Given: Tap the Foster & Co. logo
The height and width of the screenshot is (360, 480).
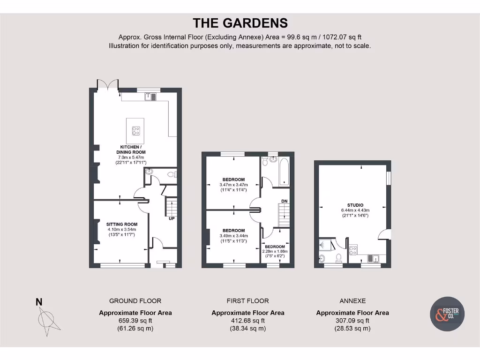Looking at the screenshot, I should tap(447, 314).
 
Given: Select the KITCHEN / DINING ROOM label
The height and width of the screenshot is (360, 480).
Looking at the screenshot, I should tap(131, 149).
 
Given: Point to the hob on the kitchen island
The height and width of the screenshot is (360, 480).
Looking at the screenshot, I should tap(136, 131).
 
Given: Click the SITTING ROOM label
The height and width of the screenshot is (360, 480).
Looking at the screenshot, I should tap(121, 224).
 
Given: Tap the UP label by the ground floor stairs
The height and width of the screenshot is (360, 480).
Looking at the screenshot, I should tap(172, 218).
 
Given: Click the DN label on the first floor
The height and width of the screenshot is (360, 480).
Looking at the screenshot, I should tap(284, 201).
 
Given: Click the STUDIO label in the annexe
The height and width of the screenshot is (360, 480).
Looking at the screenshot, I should tap(355, 205).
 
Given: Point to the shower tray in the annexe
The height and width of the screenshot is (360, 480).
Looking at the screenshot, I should tap(325, 243).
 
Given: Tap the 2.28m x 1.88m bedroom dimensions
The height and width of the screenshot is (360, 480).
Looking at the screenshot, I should tap(274, 251).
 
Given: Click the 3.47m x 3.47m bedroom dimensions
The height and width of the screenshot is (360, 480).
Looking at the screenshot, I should tap(233, 185).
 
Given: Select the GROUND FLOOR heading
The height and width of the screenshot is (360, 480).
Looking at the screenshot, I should tap(135, 301).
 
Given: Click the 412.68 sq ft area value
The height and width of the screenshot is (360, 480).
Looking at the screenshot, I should tap(247, 321).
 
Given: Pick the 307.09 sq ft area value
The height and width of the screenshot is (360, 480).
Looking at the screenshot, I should tap(352, 321).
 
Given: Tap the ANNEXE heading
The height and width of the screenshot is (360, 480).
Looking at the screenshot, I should tap(352, 301).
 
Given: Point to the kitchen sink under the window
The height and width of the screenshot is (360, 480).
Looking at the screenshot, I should tap(151, 97).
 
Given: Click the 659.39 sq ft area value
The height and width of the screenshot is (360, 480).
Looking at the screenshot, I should tap(135, 321).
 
